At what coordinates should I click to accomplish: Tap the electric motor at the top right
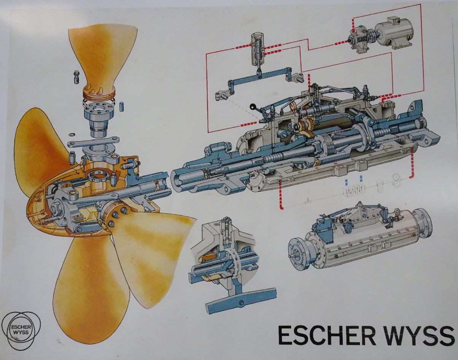point(394,35)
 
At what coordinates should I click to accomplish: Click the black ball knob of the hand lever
point(253,106)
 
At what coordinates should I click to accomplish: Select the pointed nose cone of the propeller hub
point(40,202)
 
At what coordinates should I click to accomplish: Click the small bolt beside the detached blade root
point(76,78)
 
